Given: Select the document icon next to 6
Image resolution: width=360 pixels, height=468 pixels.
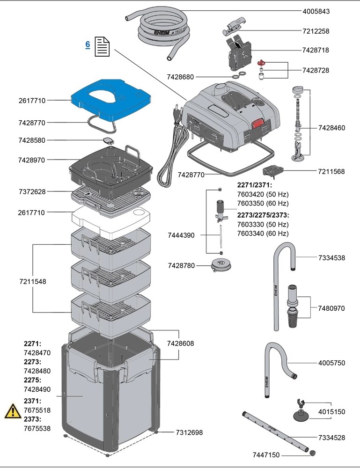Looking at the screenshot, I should pos(102,46).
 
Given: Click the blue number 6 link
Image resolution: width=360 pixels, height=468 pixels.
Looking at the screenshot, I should pos(88,44).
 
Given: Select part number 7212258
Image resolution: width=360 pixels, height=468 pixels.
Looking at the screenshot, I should pos(316,31).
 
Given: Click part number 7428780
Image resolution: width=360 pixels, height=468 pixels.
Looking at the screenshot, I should pos(182,266).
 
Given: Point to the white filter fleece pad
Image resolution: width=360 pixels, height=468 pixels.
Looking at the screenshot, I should pos(110,220).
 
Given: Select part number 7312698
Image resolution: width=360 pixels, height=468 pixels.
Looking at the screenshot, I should pos(189,432).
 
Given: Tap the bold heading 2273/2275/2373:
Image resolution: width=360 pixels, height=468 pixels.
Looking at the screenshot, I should pos(263,215).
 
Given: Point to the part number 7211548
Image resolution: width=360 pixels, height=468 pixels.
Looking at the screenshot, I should pos(33,282).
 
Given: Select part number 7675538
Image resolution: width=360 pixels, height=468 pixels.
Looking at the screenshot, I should pos(37,428).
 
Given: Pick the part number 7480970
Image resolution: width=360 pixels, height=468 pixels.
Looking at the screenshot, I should pos(331,308).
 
